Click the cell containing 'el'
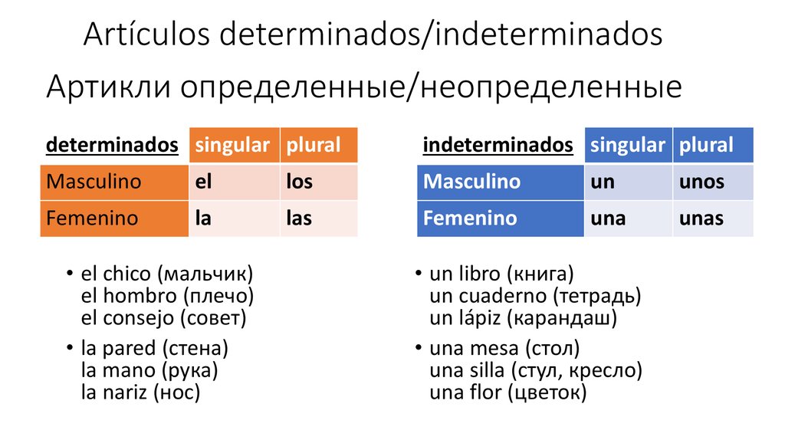(x=234, y=182)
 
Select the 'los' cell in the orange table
(x=319, y=182)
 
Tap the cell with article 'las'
(x=319, y=218)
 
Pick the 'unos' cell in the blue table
(x=713, y=182)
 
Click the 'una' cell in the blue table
(x=629, y=218)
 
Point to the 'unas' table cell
(x=713, y=218)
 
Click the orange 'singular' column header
(x=234, y=145)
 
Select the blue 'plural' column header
(x=713, y=145)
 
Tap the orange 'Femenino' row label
(x=114, y=218)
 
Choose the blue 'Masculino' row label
(x=500, y=182)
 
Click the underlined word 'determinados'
(x=112, y=145)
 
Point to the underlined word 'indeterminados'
(x=498, y=145)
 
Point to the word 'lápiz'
(x=480, y=318)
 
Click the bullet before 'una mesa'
(x=419, y=347)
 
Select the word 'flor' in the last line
(x=484, y=392)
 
